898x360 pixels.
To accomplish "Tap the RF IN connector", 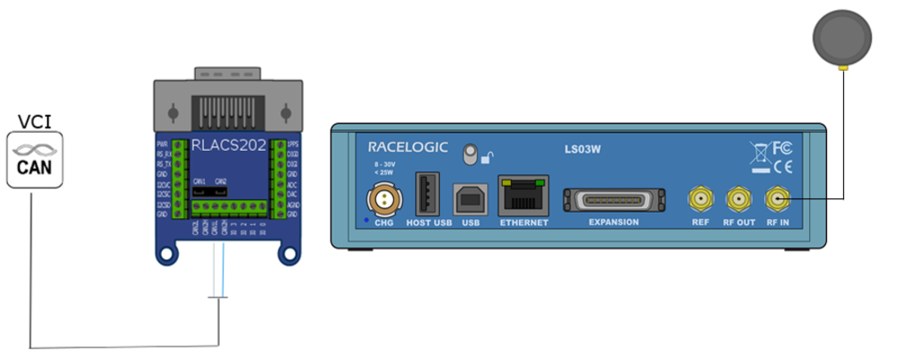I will (x=777, y=198).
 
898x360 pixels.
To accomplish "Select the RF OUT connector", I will (x=737, y=198).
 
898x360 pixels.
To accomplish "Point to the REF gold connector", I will (x=700, y=198).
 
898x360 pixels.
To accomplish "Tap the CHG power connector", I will (x=383, y=198).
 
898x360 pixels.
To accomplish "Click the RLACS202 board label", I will (x=227, y=145).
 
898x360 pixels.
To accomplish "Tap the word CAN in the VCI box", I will (x=34, y=168).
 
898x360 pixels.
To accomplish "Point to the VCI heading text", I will (x=33, y=119).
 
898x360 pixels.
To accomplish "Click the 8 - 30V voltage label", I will (x=383, y=165).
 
